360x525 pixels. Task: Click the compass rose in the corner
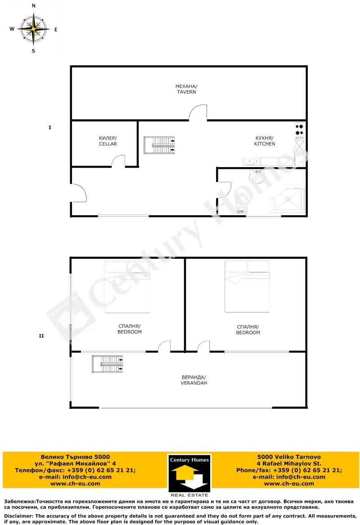33,28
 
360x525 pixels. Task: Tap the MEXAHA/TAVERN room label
186,89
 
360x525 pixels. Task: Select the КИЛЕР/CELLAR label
108,141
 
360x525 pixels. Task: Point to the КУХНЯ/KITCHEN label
264,141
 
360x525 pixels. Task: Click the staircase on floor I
159,145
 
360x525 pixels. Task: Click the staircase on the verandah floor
108,364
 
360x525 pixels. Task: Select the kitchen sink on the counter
251,162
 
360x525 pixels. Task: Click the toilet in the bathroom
242,203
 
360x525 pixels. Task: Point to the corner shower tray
288,199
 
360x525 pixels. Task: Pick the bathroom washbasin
256,177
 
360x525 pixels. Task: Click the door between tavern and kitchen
198,112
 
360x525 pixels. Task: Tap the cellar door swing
118,161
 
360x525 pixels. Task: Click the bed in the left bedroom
127,287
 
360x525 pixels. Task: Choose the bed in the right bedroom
247,286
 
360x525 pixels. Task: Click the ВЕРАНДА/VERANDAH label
193,380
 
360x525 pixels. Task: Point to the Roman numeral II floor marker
41,336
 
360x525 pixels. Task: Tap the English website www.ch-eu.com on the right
289,484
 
